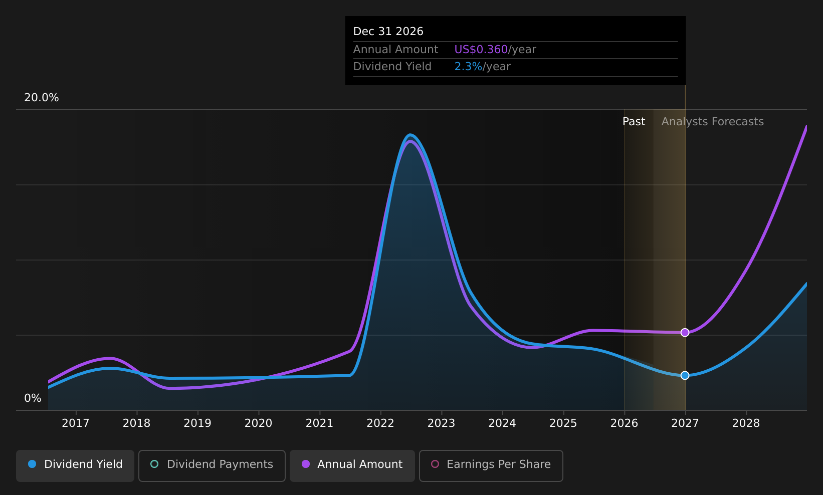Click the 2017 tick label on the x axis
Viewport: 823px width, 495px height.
click(75, 423)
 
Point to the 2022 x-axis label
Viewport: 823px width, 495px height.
click(380, 423)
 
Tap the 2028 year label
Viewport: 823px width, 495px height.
click(746, 423)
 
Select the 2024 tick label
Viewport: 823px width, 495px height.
click(502, 423)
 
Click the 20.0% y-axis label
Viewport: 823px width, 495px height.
click(42, 98)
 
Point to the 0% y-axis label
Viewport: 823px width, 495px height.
click(33, 398)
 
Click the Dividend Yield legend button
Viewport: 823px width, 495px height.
click(75, 465)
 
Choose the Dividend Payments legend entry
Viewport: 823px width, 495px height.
click(212, 465)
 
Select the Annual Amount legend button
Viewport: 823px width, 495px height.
click(352, 465)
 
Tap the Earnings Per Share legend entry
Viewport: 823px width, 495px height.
click(491, 465)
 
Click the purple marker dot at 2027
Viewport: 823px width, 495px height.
click(685, 333)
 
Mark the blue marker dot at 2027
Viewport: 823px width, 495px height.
click(685, 375)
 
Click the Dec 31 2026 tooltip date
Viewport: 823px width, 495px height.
click(388, 32)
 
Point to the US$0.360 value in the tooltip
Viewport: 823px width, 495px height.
click(481, 50)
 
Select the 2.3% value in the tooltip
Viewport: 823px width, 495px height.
click(468, 67)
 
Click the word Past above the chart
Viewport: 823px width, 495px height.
click(634, 122)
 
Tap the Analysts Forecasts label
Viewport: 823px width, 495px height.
click(712, 122)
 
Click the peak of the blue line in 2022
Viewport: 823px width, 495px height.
click(410, 135)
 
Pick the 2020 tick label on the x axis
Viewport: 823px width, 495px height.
click(258, 423)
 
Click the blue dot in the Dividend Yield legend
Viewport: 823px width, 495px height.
click(33, 464)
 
